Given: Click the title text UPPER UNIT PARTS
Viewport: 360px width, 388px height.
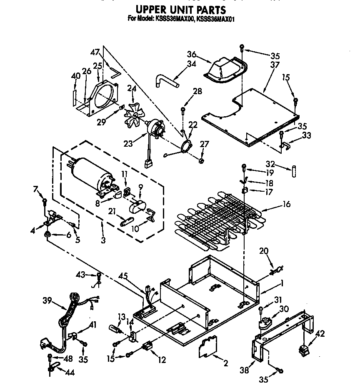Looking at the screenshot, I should point(180,9).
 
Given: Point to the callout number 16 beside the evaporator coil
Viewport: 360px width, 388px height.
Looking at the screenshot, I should point(286,204).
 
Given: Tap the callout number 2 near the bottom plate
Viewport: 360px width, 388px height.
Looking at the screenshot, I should point(225,363).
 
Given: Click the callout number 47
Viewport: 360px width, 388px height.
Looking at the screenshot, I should point(95,53).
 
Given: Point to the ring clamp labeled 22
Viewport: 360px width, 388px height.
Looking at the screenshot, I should point(186,145).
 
